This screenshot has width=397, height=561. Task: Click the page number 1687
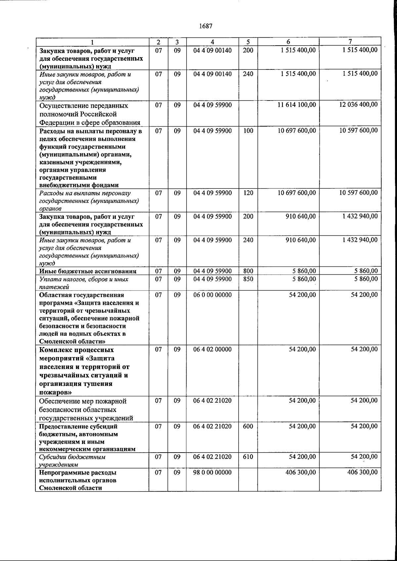206,26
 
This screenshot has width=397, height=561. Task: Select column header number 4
212,42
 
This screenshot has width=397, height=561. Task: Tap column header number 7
350,42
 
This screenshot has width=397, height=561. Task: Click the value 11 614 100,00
297,105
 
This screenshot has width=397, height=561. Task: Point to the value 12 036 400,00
358,105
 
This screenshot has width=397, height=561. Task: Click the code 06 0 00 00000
212,295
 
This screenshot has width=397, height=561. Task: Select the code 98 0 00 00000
212,472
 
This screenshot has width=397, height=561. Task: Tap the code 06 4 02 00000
212,349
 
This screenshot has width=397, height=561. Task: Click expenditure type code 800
248,271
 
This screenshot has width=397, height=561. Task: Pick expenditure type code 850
248,279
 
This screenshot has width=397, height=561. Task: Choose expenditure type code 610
248,457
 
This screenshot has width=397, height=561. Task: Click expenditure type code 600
248,426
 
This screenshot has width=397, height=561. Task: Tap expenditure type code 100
248,131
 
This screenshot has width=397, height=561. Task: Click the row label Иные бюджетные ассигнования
88,271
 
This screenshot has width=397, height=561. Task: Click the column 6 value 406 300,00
300,472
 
